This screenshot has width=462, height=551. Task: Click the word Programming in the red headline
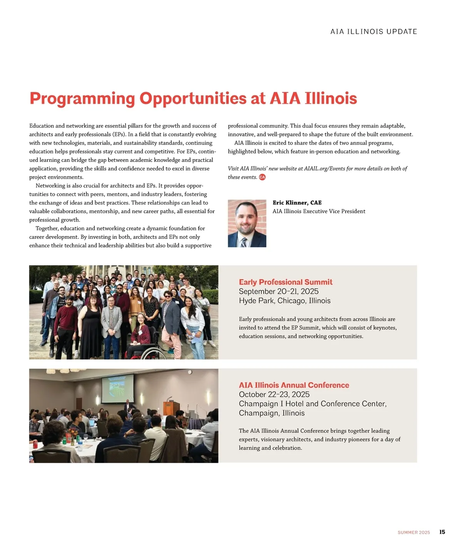click(82, 98)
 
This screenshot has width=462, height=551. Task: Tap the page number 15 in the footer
click(442, 532)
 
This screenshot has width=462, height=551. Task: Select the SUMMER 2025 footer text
click(413, 533)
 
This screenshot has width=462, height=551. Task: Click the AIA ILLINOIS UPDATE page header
click(373, 32)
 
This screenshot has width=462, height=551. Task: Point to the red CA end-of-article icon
click(262, 177)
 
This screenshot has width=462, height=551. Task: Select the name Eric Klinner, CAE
click(297, 203)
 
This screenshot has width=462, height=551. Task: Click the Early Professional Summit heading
click(285, 282)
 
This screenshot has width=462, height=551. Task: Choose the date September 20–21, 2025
click(278, 291)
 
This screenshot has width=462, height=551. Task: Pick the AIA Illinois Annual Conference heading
click(294, 385)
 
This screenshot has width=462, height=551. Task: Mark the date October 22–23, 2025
click(274, 395)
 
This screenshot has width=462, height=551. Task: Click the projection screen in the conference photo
click(117, 389)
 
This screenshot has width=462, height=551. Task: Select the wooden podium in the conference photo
click(171, 408)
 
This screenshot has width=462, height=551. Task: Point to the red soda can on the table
click(35, 444)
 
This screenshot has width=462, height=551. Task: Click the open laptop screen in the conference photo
click(92, 423)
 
